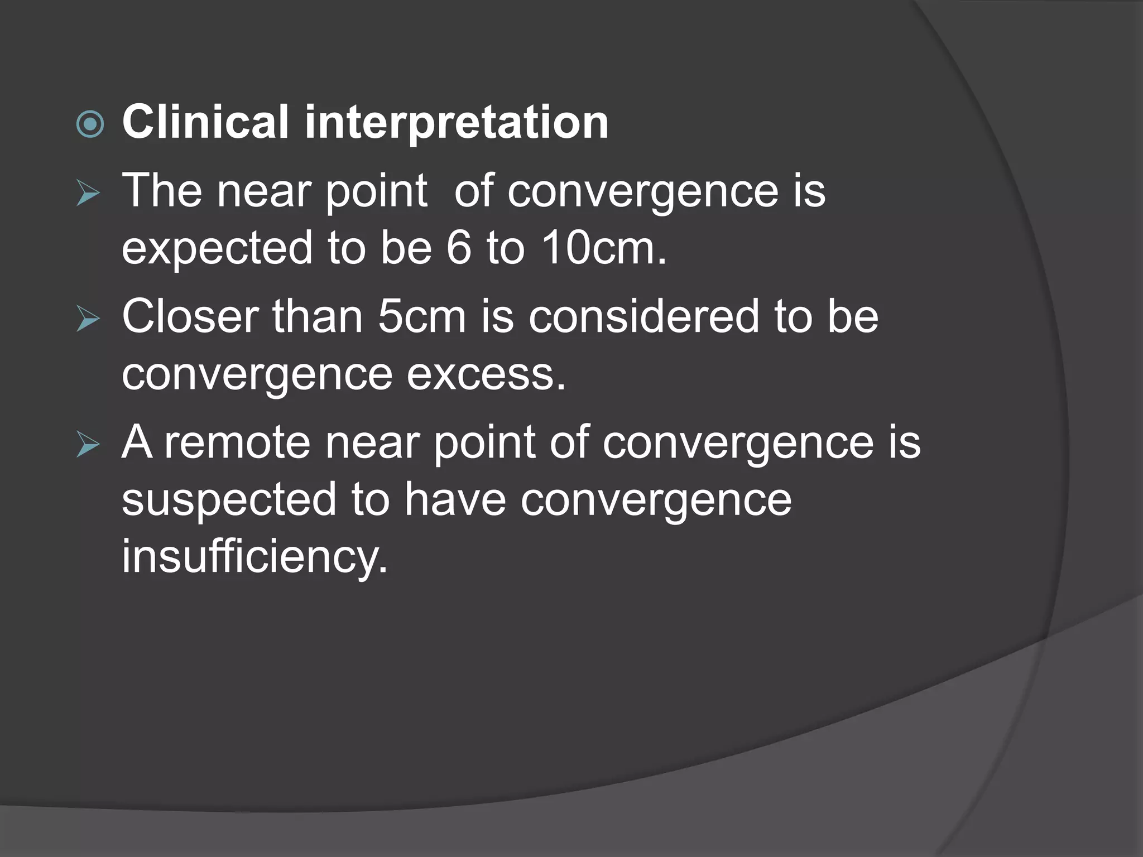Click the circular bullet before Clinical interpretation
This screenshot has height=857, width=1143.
tap(90, 124)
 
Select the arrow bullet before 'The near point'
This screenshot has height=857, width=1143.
tap(88, 194)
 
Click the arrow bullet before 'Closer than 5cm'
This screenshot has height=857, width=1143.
tap(88, 320)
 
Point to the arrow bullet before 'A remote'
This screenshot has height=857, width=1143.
tap(88, 445)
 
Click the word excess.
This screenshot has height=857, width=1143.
tap(486, 375)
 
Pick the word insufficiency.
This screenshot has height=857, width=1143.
tap(254, 556)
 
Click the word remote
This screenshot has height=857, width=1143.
tap(237, 443)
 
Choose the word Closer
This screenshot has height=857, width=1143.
tap(190, 316)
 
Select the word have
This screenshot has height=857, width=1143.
tap(455, 499)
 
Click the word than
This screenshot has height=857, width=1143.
tap(317, 316)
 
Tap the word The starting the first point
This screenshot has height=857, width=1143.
tap(162, 191)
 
